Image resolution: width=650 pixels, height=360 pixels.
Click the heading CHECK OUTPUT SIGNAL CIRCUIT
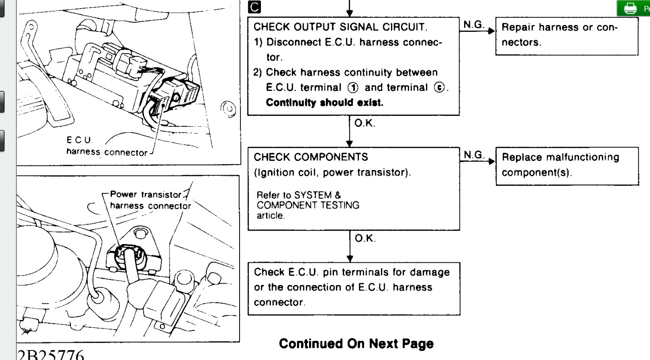coord(340,27)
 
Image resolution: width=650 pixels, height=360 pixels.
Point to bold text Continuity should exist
coord(325,103)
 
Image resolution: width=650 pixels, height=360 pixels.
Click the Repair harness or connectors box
coord(566,35)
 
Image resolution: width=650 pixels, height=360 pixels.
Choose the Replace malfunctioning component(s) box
coord(566,165)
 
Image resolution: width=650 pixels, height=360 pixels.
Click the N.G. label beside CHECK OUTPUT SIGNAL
coord(474,25)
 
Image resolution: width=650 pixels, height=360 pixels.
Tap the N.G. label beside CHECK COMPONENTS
coord(474,155)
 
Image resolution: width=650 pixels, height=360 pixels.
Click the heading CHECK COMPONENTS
coord(310,157)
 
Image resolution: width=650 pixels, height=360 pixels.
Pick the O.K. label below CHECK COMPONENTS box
coord(365,238)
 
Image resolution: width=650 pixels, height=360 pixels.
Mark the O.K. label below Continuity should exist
coord(365,124)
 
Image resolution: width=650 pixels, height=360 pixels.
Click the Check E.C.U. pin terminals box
coord(353,287)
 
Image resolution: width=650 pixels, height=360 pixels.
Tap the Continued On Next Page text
coord(356,344)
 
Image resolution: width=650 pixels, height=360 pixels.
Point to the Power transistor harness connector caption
coord(150,200)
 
